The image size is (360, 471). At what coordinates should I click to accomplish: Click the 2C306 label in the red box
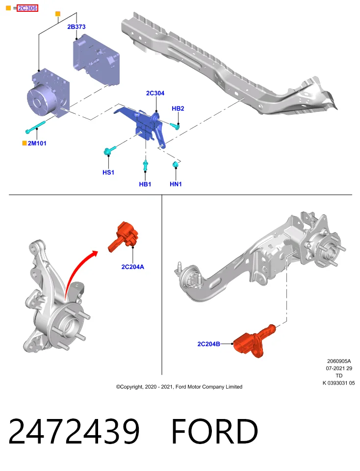pyautogui.click(x=27, y=8)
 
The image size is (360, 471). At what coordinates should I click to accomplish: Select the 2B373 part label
pyautogui.click(x=76, y=26)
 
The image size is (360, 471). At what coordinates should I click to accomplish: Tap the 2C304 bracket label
pyautogui.click(x=155, y=93)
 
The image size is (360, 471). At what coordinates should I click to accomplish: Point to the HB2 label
pyautogui.click(x=178, y=108)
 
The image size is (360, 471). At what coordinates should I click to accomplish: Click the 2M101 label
pyautogui.click(x=37, y=143)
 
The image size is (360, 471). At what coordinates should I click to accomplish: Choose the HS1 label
pyautogui.click(x=108, y=172)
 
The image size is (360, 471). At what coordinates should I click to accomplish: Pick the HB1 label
pyautogui.click(x=145, y=184)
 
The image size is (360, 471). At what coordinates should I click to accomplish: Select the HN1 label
pyautogui.click(x=176, y=184)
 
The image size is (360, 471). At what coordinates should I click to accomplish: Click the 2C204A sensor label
pyautogui.click(x=133, y=267)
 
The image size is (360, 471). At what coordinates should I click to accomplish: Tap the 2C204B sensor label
pyautogui.click(x=208, y=344)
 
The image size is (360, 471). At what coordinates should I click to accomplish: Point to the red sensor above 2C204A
pyautogui.click(x=123, y=236)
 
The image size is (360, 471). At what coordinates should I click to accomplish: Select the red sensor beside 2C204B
pyautogui.click(x=254, y=341)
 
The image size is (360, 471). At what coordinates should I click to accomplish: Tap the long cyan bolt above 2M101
pyautogui.click(x=35, y=127)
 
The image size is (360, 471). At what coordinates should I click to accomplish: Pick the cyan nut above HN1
pyautogui.click(x=176, y=165)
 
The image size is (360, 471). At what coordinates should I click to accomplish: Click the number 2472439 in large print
pyautogui.click(x=74, y=431)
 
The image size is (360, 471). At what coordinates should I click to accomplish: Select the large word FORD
pyautogui.click(x=214, y=431)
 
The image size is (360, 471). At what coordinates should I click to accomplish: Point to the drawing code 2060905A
pyautogui.click(x=339, y=361)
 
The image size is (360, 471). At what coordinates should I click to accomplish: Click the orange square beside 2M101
pyautogui.click(x=25, y=143)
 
